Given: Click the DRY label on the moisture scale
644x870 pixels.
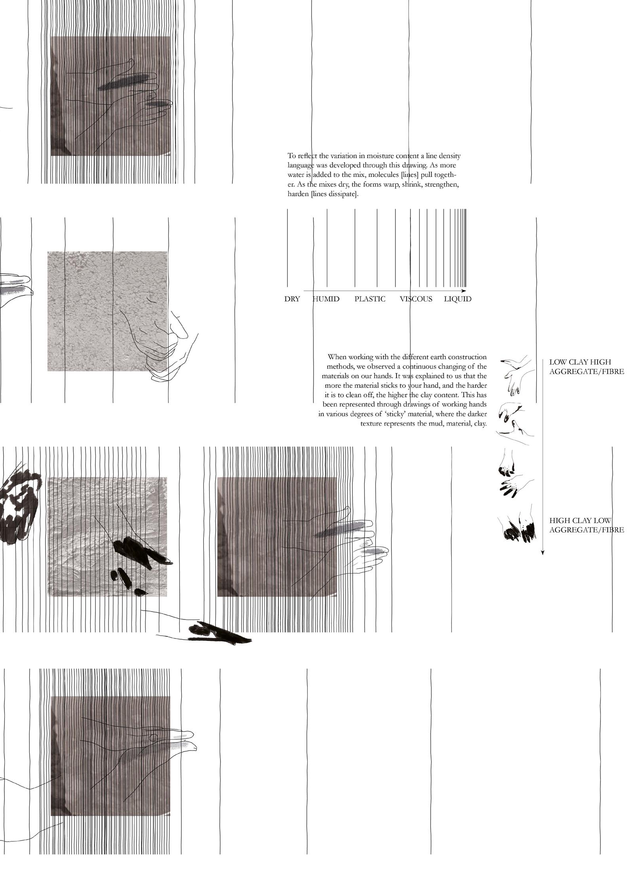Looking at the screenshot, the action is [292, 299].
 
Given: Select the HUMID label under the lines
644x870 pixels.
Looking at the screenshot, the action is [326, 299].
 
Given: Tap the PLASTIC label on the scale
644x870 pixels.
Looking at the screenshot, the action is [370, 299].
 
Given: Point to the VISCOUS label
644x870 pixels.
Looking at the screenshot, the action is [416, 299].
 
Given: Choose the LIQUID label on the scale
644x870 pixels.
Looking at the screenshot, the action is [458, 299].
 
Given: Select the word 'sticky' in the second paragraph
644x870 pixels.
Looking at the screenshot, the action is [396, 414].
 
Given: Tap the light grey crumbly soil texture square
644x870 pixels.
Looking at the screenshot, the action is [107, 311].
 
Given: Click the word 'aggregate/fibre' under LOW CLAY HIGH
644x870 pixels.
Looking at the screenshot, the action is [586, 372].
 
